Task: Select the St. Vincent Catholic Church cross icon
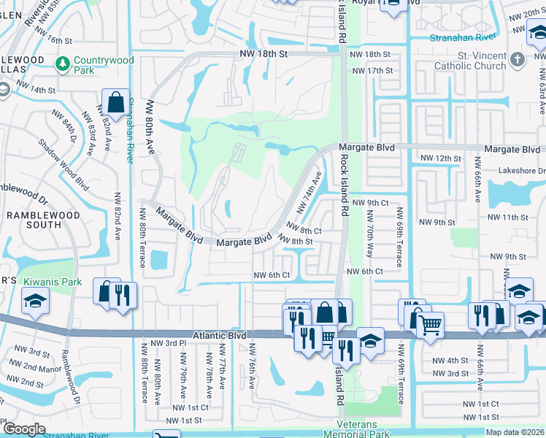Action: (517, 59)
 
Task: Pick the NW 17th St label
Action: (372, 71)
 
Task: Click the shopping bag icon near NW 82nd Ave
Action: (115, 102)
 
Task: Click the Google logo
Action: (24, 429)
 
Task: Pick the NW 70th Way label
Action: (369, 235)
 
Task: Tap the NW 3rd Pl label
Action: (165, 343)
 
